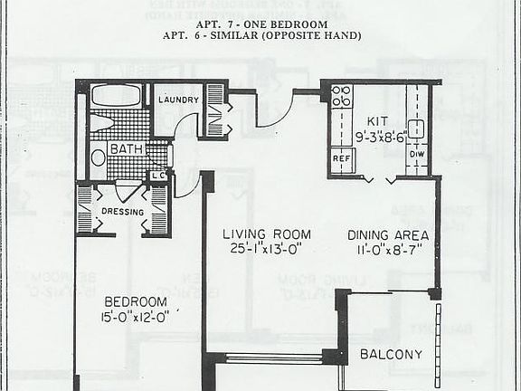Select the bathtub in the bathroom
click(x=116, y=96)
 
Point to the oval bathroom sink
click(x=99, y=157)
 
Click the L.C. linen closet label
click(x=157, y=175)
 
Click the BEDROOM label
click(x=136, y=301)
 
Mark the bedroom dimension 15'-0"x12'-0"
click(x=136, y=318)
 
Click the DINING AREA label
click(x=388, y=235)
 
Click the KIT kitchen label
click(x=377, y=121)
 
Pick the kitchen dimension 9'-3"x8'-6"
click(x=380, y=138)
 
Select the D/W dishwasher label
click(x=417, y=154)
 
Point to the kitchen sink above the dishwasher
click(x=417, y=128)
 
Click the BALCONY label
click(x=391, y=354)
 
